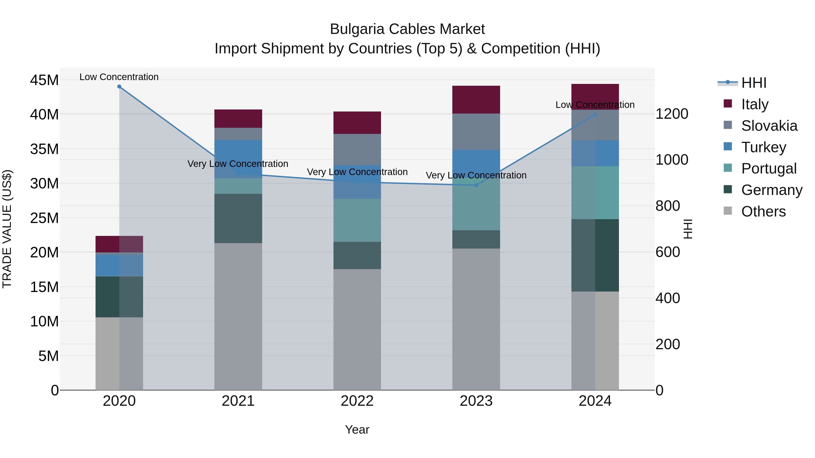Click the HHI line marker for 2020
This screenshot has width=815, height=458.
tap(119, 87)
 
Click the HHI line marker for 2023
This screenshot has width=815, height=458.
tap(476, 185)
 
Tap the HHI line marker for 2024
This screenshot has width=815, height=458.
tap(595, 115)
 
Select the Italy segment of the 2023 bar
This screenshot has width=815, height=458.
tap(476, 100)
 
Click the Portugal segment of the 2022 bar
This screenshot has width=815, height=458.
tap(357, 220)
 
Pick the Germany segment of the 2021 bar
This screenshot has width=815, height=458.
tap(238, 218)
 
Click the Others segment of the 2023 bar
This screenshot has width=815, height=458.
tap(476, 319)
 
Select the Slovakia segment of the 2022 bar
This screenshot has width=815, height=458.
tap(357, 150)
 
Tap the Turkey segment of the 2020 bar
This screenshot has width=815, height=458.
tap(119, 266)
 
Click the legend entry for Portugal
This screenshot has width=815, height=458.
tap(769, 168)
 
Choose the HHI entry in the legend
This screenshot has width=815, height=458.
tap(754, 83)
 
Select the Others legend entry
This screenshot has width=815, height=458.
tap(763, 211)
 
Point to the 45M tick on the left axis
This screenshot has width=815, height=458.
tap(44, 80)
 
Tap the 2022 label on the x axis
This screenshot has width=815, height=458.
tap(357, 401)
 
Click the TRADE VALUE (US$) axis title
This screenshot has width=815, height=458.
tap(7, 229)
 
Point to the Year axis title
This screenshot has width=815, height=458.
tap(357, 430)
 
